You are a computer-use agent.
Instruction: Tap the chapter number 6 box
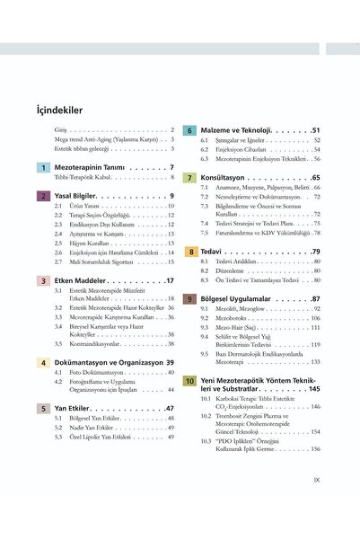tap(191, 130)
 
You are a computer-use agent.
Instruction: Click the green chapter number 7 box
tap(191, 178)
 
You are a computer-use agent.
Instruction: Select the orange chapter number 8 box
tap(191, 252)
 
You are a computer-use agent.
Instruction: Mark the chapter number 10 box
tap(191, 381)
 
